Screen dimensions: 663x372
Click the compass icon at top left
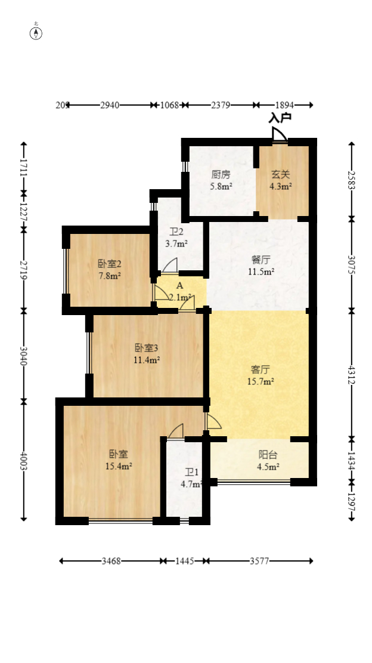coord(36,33)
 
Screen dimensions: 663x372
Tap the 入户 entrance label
coord(280,118)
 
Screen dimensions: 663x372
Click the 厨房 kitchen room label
coord(221,175)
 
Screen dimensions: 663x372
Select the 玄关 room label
coord(281,175)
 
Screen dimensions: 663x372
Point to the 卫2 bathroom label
coord(176,232)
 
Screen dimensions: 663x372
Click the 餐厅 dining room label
coord(261,260)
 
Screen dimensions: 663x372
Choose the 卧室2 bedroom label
coord(110,264)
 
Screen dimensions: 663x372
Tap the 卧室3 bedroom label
coord(146,348)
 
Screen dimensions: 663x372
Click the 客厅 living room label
coord(261,369)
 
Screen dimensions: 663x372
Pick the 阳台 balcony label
coord(260,455)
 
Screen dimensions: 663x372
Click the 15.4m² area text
coord(118,466)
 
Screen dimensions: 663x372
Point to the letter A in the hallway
coord(179,286)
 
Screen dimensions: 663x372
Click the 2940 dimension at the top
coord(110,105)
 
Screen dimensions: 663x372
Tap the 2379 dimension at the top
coord(221,105)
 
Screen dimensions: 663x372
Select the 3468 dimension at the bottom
coord(111,561)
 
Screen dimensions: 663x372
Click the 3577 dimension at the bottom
coord(259,561)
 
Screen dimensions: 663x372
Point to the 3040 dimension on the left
coord(24,356)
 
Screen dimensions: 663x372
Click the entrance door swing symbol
coord(279,135)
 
